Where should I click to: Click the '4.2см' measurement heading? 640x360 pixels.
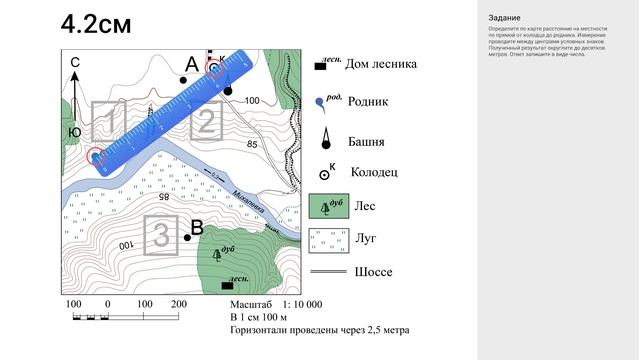tap(95, 25)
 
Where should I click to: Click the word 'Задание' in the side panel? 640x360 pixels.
tap(503, 18)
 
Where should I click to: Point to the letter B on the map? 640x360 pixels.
tap(197, 227)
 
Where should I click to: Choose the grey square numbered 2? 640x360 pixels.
tap(204, 123)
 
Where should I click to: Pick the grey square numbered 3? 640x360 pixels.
tap(160, 233)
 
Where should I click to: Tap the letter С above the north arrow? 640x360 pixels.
tap(74, 63)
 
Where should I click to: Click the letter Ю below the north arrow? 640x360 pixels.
tap(74, 131)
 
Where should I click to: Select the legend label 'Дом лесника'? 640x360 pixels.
tap(380, 66)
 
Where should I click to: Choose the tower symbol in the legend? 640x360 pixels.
tap(326, 139)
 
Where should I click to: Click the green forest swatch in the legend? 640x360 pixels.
tap(327, 205)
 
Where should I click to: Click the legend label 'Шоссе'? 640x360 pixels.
tap(372, 272)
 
